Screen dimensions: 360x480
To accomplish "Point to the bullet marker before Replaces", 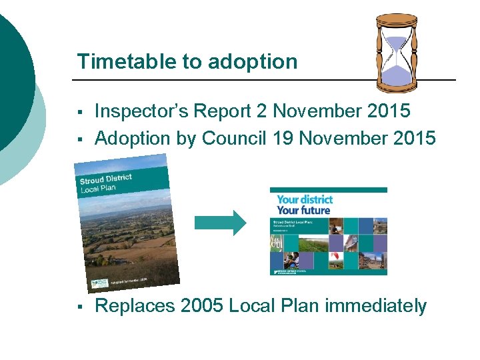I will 79,307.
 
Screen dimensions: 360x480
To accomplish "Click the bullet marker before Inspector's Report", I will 79,112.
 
